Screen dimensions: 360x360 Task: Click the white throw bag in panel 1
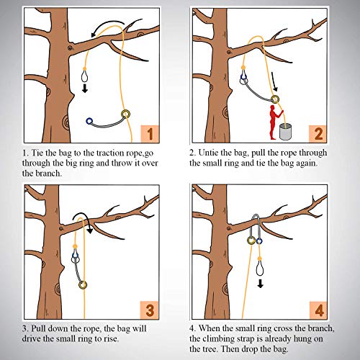pyautogui.click(x=85, y=75)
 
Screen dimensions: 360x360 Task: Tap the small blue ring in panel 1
pyautogui.click(x=90, y=122)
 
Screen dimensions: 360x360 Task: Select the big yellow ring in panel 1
pyautogui.click(x=127, y=113)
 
